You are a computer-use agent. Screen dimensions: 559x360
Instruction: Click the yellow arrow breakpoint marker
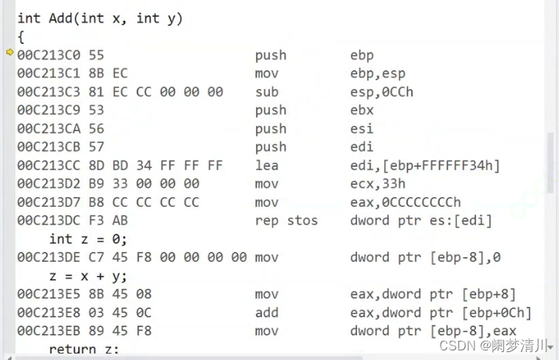tap(10, 53)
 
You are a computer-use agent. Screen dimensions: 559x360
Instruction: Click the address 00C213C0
tap(53, 55)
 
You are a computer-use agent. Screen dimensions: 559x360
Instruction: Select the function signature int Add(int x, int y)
tap(100, 18)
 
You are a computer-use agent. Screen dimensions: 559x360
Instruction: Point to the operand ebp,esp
tap(378, 73)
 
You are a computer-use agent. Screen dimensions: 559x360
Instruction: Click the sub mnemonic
tap(267, 92)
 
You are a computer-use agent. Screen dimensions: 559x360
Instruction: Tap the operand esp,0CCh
tap(382, 92)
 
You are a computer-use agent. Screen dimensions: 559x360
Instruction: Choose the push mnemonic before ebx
tap(271, 110)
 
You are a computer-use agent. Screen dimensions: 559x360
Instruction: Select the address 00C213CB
tap(53, 147)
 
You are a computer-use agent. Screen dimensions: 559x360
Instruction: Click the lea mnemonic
tap(267, 165)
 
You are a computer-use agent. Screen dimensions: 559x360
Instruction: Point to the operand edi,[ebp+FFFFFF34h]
tap(425, 165)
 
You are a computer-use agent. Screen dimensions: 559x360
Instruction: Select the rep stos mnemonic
tap(287, 220)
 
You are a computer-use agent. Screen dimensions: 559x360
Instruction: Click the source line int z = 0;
tap(88, 239)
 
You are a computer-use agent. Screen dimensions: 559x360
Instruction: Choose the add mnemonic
tap(267, 312)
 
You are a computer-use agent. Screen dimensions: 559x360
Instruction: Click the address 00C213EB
tap(53, 330)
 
